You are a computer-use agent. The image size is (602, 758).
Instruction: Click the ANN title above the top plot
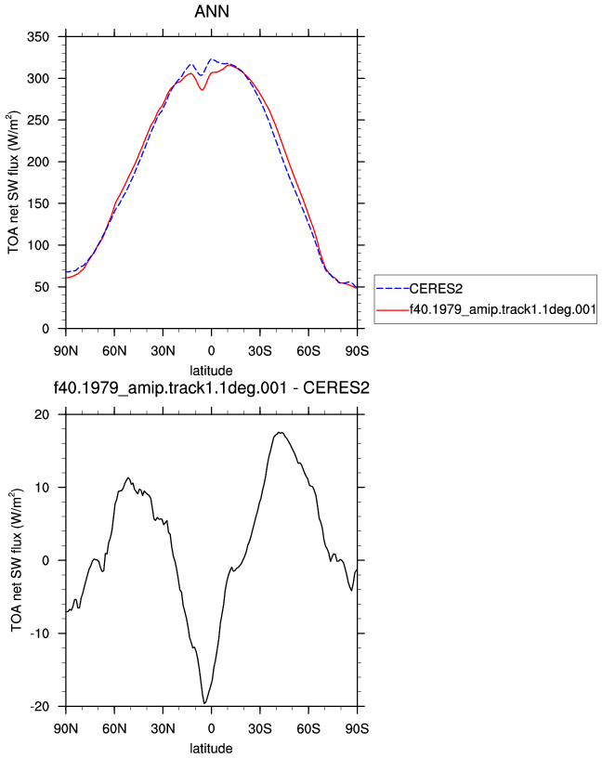pyautogui.click(x=212, y=11)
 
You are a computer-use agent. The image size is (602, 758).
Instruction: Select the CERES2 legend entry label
pyautogui.click(x=436, y=289)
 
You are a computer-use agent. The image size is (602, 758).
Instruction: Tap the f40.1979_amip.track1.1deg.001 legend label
pyautogui.click(x=503, y=309)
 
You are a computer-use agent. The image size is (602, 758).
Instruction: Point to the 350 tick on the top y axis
pyautogui.click(x=38, y=37)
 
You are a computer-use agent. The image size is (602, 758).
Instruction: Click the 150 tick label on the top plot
pyautogui.click(x=38, y=203)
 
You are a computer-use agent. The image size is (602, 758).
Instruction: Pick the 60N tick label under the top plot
pyautogui.click(x=114, y=351)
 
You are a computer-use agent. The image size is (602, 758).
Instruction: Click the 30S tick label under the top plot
pyautogui.click(x=260, y=351)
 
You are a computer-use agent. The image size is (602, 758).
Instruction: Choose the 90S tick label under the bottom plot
pyautogui.click(x=358, y=728)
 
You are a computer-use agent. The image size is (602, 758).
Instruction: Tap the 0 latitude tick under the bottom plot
pyautogui.click(x=211, y=728)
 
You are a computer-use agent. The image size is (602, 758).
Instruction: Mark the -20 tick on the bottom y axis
pyautogui.click(x=40, y=706)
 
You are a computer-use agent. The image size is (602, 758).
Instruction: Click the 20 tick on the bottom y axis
pyautogui.click(x=42, y=415)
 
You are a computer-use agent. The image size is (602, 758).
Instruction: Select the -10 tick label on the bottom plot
pyautogui.click(x=40, y=634)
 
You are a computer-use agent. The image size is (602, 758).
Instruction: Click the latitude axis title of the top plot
pyautogui.click(x=211, y=371)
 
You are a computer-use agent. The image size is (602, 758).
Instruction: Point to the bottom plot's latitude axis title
pyautogui.click(x=211, y=749)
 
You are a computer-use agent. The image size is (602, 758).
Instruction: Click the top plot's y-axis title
pyautogui.click(x=13, y=182)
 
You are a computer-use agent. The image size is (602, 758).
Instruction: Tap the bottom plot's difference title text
pyautogui.click(x=211, y=387)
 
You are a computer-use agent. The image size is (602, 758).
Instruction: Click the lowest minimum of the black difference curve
pyautogui.click(x=205, y=703)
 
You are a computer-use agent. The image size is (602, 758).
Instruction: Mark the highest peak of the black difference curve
pyautogui.click(x=281, y=433)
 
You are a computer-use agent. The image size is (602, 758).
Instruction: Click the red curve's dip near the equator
pyautogui.click(x=203, y=89)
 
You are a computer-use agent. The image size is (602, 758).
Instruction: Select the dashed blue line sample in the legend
pyautogui.click(x=393, y=289)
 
